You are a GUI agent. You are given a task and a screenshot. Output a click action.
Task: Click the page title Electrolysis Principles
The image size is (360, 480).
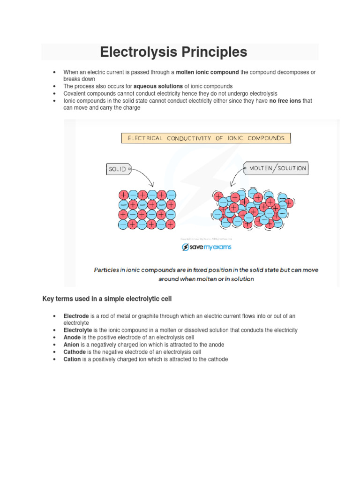[x=173, y=52]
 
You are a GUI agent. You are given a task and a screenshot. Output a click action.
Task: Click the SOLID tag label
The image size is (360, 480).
[x=118, y=169]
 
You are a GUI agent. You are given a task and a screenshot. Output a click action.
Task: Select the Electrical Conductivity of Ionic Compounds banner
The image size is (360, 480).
[x=206, y=138]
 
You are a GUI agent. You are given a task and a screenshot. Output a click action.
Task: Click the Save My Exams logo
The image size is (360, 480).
[x=206, y=247]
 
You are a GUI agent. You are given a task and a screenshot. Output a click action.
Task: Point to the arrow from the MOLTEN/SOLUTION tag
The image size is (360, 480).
[x=234, y=179]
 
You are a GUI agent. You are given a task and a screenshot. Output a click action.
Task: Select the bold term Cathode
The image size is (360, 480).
[x=75, y=352]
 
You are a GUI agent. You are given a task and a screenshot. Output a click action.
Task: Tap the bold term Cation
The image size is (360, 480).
[x=72, y=359]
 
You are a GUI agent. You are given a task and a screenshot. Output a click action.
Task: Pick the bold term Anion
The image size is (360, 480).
[x=72, y=345]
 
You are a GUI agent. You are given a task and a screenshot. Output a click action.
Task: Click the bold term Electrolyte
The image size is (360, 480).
[x=77, y=330]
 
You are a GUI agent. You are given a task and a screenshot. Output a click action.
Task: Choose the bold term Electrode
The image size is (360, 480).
[x=76, y=316]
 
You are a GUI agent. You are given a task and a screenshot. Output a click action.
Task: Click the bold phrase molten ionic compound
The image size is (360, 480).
[x=207, y=72]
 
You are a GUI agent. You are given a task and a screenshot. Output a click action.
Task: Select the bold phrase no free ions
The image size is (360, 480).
[x=285, y=101]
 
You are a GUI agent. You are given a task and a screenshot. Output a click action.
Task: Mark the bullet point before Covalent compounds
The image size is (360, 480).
[x=55, y=94]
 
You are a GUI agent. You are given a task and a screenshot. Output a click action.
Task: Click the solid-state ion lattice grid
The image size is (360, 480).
[x=147, y=210]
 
